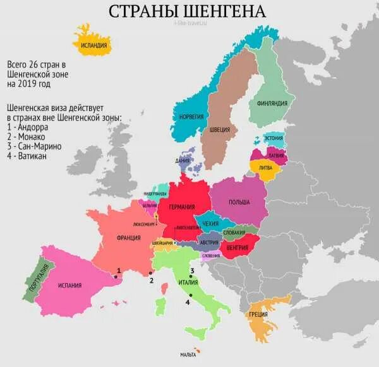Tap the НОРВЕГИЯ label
click(x=191, y=117)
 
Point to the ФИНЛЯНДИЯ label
click(x=272, y=103)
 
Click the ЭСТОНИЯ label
click(x=274, y=137)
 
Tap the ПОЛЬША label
click(x=239, y=202)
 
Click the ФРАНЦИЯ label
click(x=128, y=239)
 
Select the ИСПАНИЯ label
click(x=69, y=286)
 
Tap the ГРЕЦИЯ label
click(x=258, y=315)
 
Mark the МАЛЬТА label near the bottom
click(x=188, y=355)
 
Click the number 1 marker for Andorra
click(x=118, y=271)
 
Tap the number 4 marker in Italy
click(x=188, y=302)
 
